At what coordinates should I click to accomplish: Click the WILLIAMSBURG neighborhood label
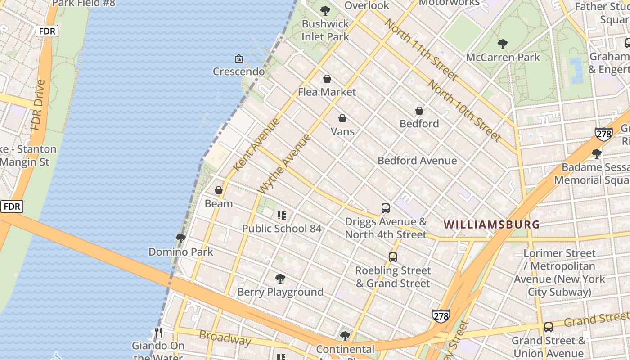[x=491, y=224]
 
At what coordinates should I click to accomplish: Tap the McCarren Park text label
[x=503, y=58]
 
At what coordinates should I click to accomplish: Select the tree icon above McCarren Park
[x=503, y=44]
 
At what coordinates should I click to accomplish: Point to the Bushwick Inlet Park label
[x=325, y=30]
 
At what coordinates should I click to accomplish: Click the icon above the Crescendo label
[x=239, y=58]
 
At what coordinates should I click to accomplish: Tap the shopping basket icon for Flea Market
[x=327, y=79]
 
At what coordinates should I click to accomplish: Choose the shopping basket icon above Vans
[x=342, y=118]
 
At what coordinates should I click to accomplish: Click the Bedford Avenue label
[x=417, y=161]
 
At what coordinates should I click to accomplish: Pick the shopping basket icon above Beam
[x=219, y=190]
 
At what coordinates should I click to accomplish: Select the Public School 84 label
[x=282, y=229]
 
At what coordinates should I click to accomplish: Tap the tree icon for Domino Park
[x=181, y=238]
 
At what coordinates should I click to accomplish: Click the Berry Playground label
[x=280, y=292]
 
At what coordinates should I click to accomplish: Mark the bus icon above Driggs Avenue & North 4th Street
[x=386, y=208]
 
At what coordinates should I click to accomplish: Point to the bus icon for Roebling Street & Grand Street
[x=393, y=257]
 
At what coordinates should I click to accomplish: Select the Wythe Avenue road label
[x=285, y=164]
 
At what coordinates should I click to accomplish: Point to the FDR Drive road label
[x=39, y=105]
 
